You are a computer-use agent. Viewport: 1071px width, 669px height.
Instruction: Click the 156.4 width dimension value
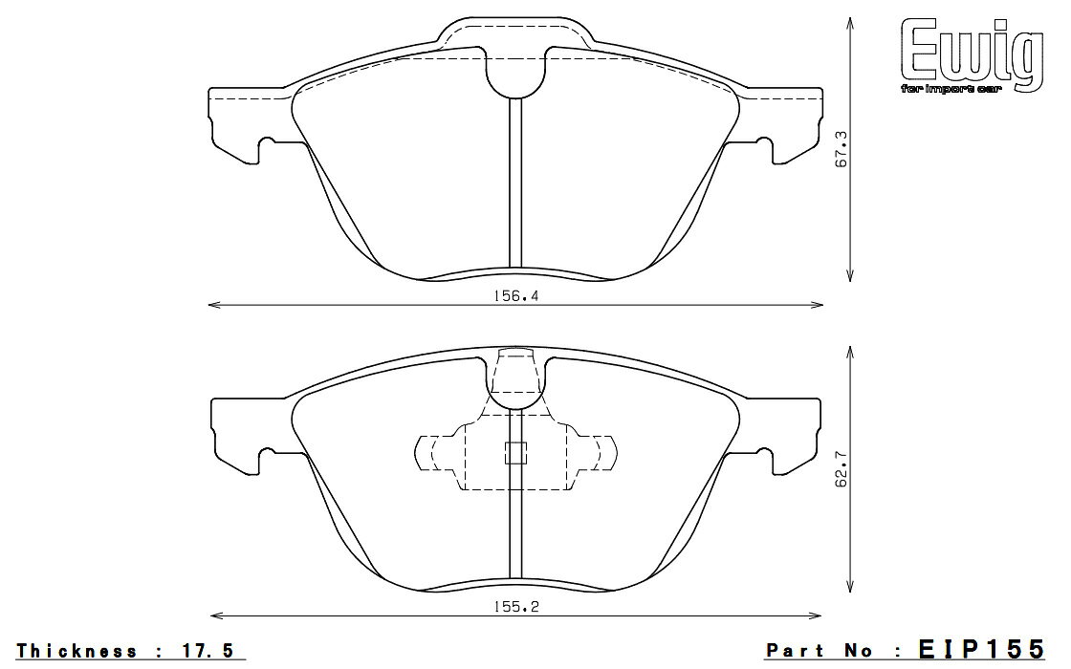[x=515, y=296]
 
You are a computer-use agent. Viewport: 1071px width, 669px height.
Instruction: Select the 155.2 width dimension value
[x=515, y=606]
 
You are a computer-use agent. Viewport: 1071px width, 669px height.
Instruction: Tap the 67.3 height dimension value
[x=841, y=150]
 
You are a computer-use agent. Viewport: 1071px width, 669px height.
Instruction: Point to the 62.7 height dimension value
[x=841, y=467]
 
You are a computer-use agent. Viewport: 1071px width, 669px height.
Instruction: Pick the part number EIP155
[x=981, y=649]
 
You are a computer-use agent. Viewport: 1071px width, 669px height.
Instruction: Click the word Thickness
[x=77, y=651]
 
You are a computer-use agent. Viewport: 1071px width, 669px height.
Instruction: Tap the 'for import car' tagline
[x=951, y=89]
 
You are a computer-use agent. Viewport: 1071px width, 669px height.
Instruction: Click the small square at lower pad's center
[x=515, y=453]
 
